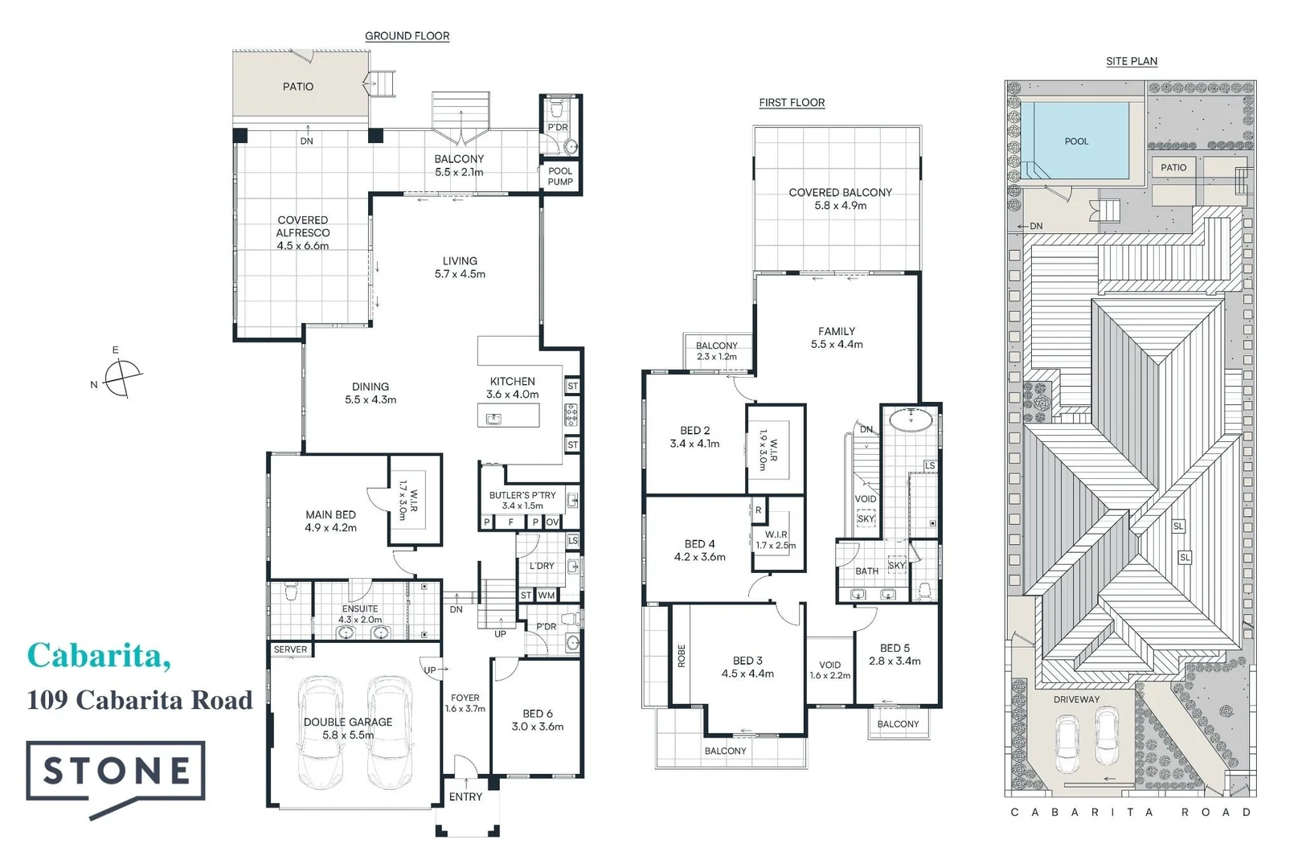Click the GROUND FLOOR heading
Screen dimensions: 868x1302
407,36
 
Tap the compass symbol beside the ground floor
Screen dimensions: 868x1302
122,375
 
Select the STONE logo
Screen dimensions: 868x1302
116,772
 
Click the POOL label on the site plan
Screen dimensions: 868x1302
1076,141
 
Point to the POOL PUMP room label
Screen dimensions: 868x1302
560,176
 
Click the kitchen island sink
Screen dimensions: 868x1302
493,418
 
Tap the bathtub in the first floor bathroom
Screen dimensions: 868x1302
911,417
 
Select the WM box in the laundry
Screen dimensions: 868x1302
547,596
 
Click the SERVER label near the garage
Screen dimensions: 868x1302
290,649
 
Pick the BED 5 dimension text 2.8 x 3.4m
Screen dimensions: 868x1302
895,661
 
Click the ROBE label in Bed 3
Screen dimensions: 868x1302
682,656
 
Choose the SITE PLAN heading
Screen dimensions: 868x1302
1131,61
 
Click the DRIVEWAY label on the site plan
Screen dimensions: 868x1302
1076,699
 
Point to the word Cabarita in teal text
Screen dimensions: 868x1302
98,656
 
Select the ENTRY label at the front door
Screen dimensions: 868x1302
465,796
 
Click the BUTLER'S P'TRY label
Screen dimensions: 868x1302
522,495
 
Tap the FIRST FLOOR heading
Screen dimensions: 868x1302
792,103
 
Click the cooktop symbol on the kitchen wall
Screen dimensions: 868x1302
571,416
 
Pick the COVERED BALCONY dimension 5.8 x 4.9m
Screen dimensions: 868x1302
840,206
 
